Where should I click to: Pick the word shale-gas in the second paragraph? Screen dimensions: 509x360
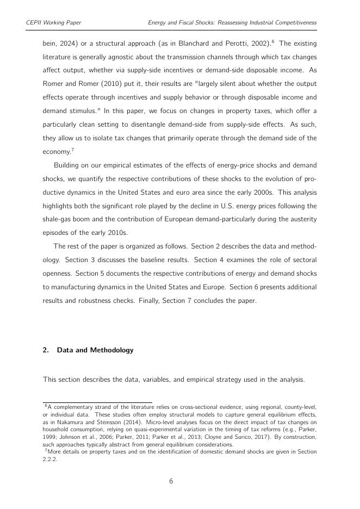[57, 218]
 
